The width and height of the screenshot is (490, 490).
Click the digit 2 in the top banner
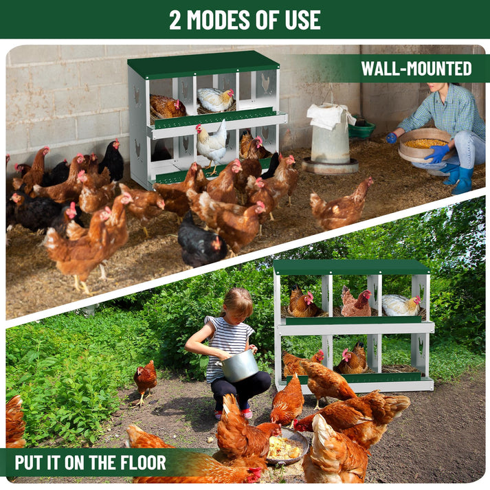click(x=175, y=20)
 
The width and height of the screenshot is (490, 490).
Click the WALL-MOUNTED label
click(x=416, y=69)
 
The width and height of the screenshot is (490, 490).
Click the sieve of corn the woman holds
click(x=425, y=145)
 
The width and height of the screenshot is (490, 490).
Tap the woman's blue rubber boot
click(x=463, y=180)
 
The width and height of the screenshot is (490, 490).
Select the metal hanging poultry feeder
click(x=330, y=139)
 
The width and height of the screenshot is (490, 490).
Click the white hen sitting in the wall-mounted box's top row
click(x=216, y=99)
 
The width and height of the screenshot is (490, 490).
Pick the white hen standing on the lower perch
click(x=212, y=145)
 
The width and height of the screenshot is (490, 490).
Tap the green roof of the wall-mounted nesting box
click(x=203, y=65)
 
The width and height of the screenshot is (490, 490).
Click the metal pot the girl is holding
click(x=238, y=366)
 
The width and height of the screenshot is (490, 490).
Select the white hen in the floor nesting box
click(x=401, y=304)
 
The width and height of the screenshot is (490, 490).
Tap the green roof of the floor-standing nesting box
click(x=351, y=267)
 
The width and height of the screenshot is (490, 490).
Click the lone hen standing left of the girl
click(x=145, y=382)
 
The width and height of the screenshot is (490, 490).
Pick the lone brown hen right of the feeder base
click(x=342, y=205)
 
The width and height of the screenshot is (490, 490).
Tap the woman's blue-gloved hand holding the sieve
click(x=437, y=153)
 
